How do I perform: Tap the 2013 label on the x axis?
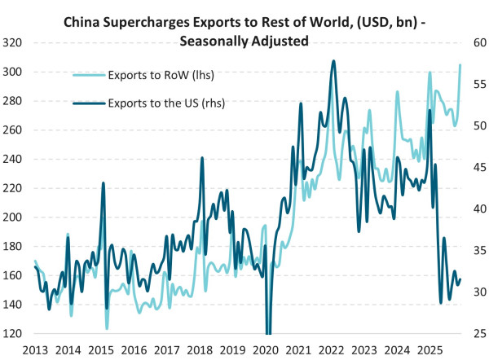(34, 349)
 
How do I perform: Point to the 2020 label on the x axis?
(267, 349)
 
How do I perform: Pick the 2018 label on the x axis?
(200, 349)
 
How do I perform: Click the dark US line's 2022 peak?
(333, 61)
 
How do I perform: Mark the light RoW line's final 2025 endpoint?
(460, 65)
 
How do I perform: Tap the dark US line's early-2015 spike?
(103, 183)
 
